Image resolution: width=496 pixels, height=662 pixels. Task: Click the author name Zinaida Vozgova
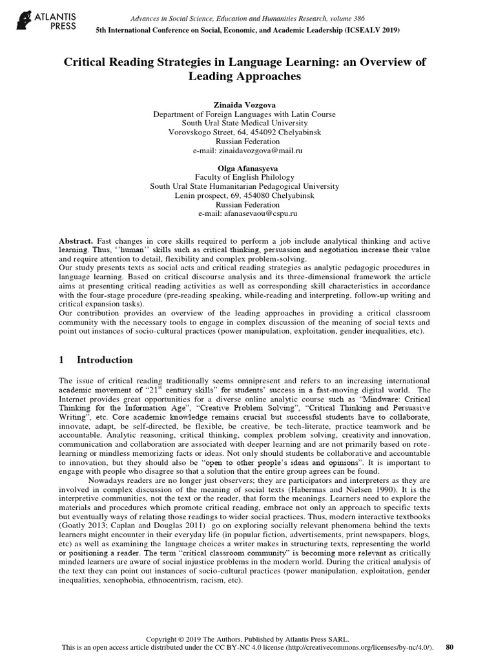click(248, 104)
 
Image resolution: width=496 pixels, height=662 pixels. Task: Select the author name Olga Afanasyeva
click(248, 167)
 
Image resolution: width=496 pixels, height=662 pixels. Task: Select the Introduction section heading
click(105, 360)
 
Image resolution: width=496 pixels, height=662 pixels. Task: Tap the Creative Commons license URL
click(362, 646)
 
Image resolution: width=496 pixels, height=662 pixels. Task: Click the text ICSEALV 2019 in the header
click(366, 30)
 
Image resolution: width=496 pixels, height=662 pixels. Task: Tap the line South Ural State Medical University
click(248, 123)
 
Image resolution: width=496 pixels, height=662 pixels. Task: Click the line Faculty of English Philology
click(248, 176)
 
